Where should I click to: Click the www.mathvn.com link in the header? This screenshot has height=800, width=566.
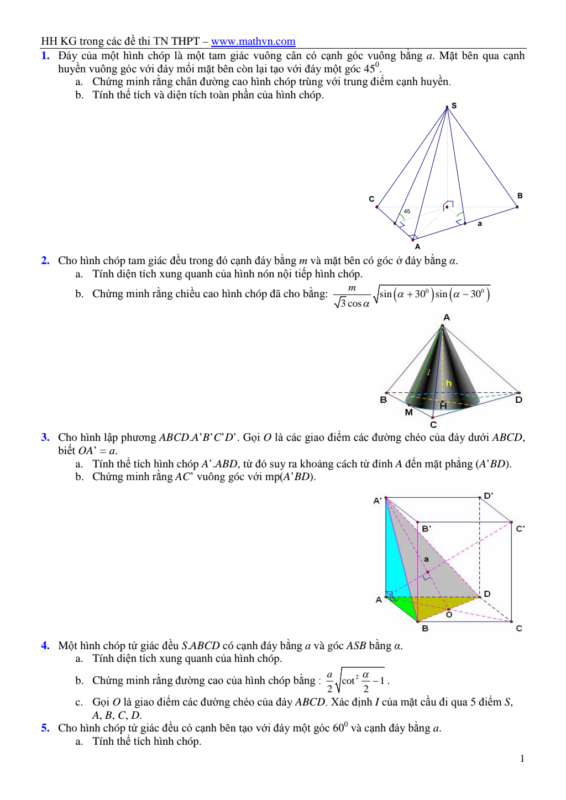click(253, 41)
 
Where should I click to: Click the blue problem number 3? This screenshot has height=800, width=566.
click(45, 438)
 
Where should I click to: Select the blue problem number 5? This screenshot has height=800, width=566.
click(45, 728)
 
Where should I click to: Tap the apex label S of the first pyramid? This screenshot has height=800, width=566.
click(454, 106)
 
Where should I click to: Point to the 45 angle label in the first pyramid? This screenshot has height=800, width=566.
click(407, 212)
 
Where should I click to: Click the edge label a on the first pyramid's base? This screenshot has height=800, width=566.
click(480, 224)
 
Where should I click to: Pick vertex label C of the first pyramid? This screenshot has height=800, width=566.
click(371, 199)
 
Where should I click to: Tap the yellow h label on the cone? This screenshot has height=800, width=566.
click(449, 383)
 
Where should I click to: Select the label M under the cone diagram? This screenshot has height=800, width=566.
click(408, 412)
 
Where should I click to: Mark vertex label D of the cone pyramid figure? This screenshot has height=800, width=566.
click(518, 399)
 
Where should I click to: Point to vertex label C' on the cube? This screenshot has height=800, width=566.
click(520, 529)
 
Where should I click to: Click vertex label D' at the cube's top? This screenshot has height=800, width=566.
click(488, 496)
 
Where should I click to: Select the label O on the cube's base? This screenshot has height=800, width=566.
click(449, 614)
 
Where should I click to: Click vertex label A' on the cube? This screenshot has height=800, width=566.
click(378, 501)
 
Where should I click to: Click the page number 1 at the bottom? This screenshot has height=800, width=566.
click(522, 759)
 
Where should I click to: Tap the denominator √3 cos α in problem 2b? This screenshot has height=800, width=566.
click(352, 303)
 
